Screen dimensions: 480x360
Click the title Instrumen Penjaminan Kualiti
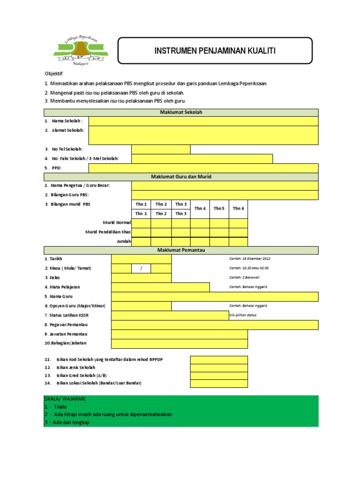click(215, 51)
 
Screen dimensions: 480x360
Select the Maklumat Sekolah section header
click(181, 112)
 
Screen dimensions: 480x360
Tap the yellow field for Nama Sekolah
click(203, 121)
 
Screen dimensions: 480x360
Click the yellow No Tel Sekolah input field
click(161, 149)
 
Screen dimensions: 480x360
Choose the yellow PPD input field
click(203, 168)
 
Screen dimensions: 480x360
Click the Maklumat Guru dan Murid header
click(181, 177)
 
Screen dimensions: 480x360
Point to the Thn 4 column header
click(200, 209)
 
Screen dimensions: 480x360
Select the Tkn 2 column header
click(161, 214)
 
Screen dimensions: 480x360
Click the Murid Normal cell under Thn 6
click(238, 223)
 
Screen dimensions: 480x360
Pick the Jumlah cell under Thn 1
click(141, 241)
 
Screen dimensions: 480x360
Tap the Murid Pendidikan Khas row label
click(108, 232)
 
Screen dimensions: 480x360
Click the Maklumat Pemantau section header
click(181, 250)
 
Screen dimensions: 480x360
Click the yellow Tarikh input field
click(141, 259)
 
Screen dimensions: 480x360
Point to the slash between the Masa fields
click(141, 268)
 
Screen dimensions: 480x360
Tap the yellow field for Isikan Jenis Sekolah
click(218, 367)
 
